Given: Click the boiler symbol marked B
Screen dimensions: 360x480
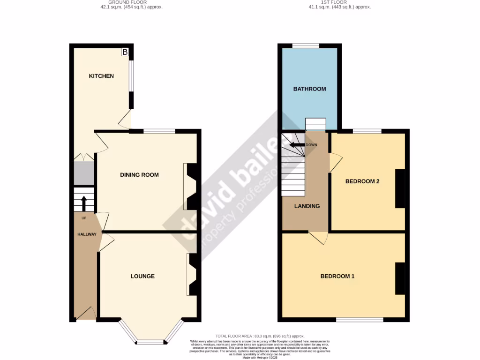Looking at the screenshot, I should (x=125, y=52).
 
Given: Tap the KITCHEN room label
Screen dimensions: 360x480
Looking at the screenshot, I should (x=102, y=76).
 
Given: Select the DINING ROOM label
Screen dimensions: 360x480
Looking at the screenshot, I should (x=139, y=175).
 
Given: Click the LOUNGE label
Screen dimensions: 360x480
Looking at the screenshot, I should (x=142, y=276).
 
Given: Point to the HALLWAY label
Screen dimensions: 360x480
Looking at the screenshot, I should (x=87, y=234).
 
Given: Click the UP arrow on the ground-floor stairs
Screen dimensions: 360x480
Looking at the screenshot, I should (x=84, y=204).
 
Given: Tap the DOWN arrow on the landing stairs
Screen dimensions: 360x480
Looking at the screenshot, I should (x=296, y=145).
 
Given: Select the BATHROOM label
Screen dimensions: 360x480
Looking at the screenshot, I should (x=309, y=89).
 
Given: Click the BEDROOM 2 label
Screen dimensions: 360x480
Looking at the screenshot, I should (x=362, y=181).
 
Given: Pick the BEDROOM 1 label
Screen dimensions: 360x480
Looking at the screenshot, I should (x=337, y=276).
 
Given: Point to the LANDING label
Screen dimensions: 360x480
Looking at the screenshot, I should (x=307, y=206).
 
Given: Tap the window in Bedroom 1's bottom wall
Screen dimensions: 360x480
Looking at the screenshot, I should (x=360, y=320).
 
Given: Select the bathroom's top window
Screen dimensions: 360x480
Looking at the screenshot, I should (x=306, y=46).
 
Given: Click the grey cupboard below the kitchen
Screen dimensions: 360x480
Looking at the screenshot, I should (x=84, y=173).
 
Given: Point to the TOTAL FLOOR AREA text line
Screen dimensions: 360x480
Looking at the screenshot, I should (x=260, y=336).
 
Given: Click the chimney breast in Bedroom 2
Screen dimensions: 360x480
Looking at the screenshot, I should (x=400, y=188).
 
